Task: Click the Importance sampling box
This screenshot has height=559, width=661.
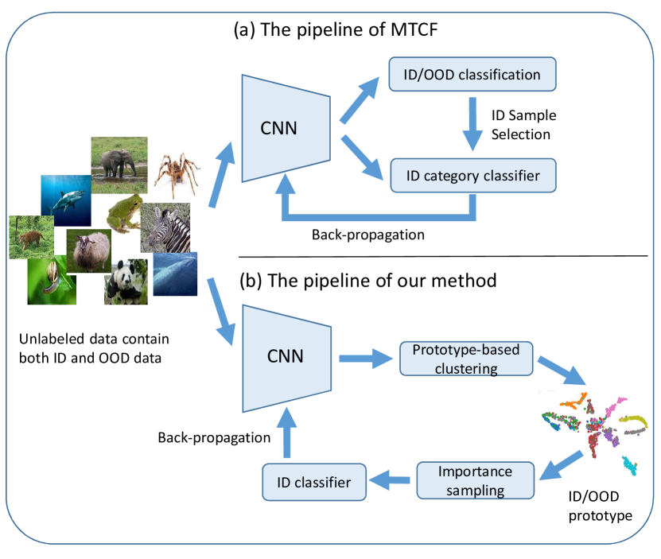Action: [x=473, y=480]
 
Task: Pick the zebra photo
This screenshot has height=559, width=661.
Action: [x=165, y=227]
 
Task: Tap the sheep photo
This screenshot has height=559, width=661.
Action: [x=89, y=252]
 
